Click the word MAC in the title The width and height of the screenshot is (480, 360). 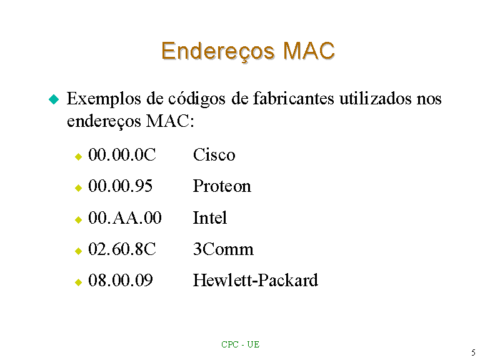(x=309, y=51)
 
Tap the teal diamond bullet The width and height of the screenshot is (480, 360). (x=54, y=99)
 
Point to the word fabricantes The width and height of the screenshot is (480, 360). (x=293, y=99)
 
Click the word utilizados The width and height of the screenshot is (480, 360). (x=375, y=99)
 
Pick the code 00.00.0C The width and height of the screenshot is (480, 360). (x=122, y=154)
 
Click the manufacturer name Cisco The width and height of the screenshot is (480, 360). (x=214, y=154)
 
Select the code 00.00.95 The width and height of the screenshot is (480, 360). (x=120, y=186)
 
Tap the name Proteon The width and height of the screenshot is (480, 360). (x=222, y=186)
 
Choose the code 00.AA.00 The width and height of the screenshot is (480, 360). (x=125, y=217)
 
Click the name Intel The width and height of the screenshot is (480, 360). (x=210, y=217)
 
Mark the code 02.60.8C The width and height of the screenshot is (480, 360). (x=122, y=249)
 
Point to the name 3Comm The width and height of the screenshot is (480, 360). (x=223, y=249)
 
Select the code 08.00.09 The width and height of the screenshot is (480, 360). (x=120, y=281)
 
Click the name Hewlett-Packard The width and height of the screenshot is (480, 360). (x=256, y=281)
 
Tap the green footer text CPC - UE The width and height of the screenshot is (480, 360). (x=240, y=345)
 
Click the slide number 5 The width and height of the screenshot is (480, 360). (x=473, y=352)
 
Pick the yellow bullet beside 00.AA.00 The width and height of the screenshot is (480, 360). (x=78, y=219)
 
